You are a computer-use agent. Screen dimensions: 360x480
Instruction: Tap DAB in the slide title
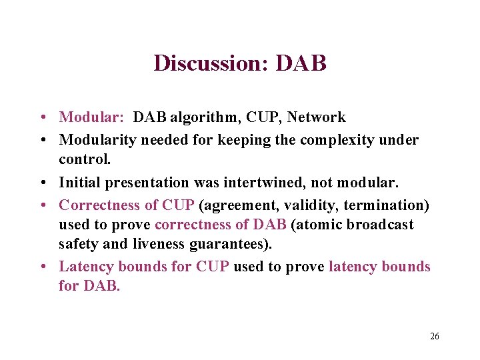coord(301,63)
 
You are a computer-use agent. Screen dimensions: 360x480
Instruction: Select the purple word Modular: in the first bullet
coord(91,117)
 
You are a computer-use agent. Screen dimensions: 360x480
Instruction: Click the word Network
coord(317,117)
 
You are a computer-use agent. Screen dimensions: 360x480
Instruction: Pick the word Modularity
coord(93,140)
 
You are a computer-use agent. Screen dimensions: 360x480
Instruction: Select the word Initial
coord(79,182)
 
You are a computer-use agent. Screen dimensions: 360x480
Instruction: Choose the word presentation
coord(143,182)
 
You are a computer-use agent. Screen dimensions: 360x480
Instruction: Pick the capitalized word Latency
coord(86,267)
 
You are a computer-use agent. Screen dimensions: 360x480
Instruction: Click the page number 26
coord(434,336)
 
